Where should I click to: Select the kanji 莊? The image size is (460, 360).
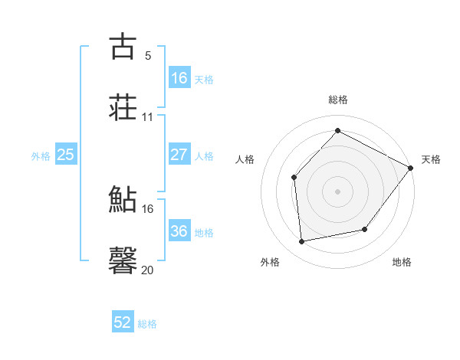pyautogui.click(x=123, y=106)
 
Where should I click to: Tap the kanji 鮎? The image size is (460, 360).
pyautogui.click(x=123, y=199)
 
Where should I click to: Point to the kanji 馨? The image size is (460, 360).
pyautogui.click(x=123, y=260)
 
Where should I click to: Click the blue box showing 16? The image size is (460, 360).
pyautogui.click(x=179, y=77)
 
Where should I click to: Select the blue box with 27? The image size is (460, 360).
pyautogui.click(x=179, y=155)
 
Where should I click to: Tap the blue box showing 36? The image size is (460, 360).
pyautogui.click(x=179, y=231)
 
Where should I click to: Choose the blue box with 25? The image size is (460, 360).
pyautogui.click(x=66, y=155)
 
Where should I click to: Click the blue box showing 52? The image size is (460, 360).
pyautogui.click(x=123, y=322)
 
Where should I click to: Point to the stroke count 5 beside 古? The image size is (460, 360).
pyautogui.click(x=147, y=55)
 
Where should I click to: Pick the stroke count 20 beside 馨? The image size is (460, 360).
pyautogui.click(x=147, y=270)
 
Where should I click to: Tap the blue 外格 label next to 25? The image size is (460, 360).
pyautogui.click(x=41, y=155)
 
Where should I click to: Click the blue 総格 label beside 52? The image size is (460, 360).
pyautogui.click(x=147, y=324)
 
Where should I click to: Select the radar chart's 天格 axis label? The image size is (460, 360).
pyautogui.click(x=431, y=159)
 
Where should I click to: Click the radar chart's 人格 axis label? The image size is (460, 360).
pyautogui.click(x=245, y=159)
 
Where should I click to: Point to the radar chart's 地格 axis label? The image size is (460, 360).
pyautogui.click(x=402, y=262)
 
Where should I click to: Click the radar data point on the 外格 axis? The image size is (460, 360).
pyautogui.click(x=302, y=242)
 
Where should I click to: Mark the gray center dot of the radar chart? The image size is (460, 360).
pyautogui.click(x=337, y=191)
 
